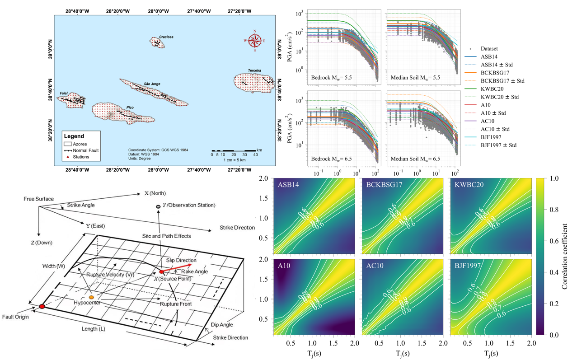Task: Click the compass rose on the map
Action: (x=255, y=41)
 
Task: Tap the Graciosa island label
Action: (x=166, y=37)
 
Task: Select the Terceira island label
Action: (x=254, y=70)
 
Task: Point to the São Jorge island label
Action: (x=152, y=84)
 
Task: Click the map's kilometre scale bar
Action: (x=234, y=150)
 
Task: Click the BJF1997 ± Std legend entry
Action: (x=498, y=145)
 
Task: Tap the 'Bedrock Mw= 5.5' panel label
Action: (x=332, y=78)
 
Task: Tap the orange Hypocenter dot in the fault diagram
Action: (x=91, y=297)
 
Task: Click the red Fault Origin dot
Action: (x=42, y=306)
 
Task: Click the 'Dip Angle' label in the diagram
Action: (x=221, y=324)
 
